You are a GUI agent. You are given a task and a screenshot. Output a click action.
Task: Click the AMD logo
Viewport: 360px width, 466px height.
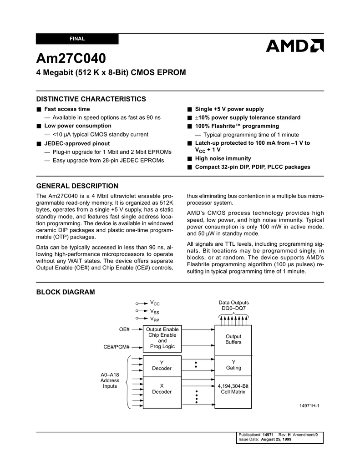295,46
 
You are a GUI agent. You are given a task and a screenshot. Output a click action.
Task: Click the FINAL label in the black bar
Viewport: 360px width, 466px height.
77,39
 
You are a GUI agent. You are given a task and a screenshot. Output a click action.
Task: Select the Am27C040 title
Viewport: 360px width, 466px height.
71,59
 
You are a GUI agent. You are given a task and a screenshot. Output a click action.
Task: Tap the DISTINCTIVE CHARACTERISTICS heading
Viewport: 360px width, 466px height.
91,99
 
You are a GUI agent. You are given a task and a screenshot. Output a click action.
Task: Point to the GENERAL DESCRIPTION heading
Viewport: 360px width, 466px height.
77,186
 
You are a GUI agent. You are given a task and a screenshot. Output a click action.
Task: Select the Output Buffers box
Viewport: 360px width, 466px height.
233,339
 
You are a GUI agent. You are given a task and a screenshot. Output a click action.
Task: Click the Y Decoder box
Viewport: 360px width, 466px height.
162,365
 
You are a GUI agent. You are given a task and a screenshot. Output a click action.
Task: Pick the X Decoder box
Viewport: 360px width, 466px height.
162,389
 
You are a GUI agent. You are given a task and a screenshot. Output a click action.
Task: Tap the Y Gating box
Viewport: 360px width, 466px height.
233,365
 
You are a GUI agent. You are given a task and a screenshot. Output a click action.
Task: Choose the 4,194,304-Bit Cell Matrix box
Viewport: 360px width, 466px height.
233,389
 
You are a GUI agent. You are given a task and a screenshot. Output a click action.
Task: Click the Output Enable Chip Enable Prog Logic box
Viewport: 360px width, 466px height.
162,338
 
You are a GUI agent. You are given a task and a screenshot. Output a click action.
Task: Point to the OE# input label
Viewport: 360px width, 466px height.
124,329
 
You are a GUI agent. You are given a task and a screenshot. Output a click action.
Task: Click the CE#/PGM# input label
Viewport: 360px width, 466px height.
117,347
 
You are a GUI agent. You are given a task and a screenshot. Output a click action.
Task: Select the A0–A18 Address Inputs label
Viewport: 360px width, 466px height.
110,380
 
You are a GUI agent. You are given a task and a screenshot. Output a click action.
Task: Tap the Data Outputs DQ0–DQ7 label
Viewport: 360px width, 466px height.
233,305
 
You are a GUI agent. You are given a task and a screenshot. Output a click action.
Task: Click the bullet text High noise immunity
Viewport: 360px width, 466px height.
223,158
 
